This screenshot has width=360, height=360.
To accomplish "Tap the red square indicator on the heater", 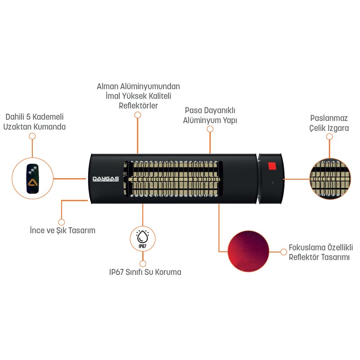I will [271, 166].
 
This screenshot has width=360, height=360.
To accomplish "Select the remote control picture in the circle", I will [32, 178].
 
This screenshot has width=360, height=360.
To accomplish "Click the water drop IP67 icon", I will [142, 238].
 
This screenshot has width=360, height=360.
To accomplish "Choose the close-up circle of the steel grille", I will [330, 179].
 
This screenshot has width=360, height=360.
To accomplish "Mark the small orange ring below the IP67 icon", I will [143, 263].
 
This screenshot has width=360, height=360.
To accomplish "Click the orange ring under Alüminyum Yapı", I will [210, 129].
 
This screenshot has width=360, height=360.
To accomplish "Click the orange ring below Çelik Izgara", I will [330, 136].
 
